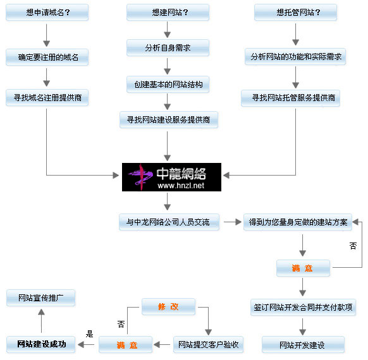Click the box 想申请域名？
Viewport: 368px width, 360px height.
click(x=47, y=12)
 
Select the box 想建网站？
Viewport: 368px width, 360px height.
click(x=168, y=12)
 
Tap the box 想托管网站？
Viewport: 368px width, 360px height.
click(x=296, y=12)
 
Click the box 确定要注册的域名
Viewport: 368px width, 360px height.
click(x=47, y=57)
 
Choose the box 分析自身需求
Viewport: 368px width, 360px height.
click(x=168, y=47)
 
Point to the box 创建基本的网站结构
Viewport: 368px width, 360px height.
click(x=168, y=84)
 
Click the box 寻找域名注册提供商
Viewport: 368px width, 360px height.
click(x=47, y=97)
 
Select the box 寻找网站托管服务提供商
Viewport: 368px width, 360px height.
click(x=291, y=98)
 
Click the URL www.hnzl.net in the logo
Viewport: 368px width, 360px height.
click(x=181, y=186)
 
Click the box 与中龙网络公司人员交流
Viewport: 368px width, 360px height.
click(x=169, y=222)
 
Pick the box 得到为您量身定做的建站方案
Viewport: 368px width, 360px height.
click(x=298, y=222)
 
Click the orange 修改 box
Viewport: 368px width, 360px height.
click(x=169, y=306)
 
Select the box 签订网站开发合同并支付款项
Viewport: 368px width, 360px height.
click(x=304, y=308)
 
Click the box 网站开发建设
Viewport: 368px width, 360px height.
click(x=304, y=345)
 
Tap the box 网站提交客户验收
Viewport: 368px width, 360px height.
click(x=209, y=345)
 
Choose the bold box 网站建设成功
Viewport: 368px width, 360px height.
click(x=41, y=345)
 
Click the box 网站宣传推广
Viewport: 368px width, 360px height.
click(x=41, y=298)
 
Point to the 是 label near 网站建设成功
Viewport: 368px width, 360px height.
click(x=89, y=333)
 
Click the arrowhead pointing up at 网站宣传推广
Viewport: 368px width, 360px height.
click(x=41, y=312)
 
